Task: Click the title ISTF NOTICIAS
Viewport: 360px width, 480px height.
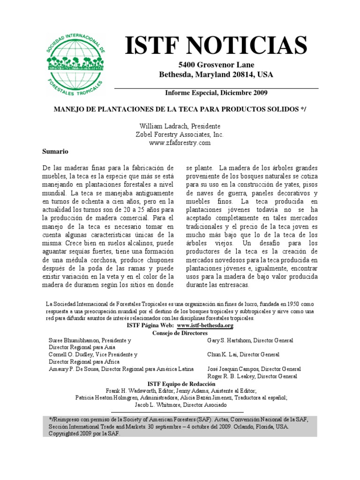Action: tap(216, 45)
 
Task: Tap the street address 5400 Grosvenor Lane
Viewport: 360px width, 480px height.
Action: tap(216, 65)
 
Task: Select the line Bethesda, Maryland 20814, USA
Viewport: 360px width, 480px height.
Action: tap(216, 75)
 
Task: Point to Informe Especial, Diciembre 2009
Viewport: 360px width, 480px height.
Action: tap(216, 93)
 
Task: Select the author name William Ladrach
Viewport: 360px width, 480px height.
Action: tap(161, 127)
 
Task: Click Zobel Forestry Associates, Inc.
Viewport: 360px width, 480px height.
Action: tap(180, 135)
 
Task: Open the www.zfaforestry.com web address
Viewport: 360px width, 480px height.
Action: tap(180, 143)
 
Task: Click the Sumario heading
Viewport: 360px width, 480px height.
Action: tap(56, 152)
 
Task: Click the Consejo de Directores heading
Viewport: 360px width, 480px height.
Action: tap(180, 332)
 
